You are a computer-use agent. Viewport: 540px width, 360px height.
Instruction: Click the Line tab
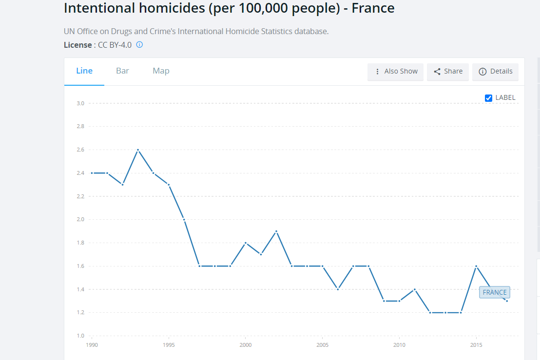(84, 71)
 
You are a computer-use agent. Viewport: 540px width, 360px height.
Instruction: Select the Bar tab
(122, 71)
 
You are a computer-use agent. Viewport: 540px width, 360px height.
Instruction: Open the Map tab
(161, 71)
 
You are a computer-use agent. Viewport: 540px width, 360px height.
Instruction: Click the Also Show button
(396, 72)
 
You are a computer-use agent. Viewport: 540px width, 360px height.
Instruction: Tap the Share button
(448, 72)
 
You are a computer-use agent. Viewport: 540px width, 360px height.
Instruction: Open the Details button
(496, 72)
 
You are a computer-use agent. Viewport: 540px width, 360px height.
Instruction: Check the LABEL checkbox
(489, 98)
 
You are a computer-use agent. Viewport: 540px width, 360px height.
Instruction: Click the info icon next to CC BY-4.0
(139, 45)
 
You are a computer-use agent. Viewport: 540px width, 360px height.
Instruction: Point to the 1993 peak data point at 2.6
(138, 150)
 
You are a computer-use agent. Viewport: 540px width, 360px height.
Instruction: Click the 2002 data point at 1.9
(276, 231)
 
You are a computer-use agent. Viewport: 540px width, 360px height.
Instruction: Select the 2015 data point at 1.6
(476, 266)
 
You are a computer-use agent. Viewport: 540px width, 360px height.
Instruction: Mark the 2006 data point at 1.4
(338, 289)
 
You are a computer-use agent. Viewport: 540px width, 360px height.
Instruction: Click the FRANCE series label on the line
(494, 292)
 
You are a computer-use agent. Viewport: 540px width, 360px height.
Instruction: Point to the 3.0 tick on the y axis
(80, 103)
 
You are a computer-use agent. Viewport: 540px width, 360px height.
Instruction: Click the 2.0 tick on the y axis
(80, 220)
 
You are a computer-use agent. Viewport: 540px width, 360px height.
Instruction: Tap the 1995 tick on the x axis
(169, 345)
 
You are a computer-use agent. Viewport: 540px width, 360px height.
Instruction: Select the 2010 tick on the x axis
(399, 345)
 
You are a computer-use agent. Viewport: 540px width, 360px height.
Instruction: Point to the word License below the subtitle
(77, 45)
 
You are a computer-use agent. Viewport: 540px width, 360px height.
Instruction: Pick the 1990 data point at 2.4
(92, 173)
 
